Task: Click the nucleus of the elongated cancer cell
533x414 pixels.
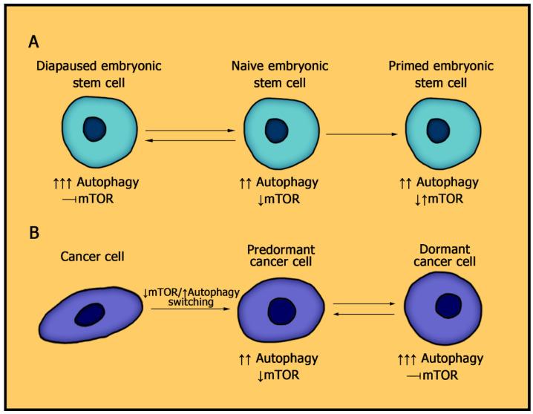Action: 92,314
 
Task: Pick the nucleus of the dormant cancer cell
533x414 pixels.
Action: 448,305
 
